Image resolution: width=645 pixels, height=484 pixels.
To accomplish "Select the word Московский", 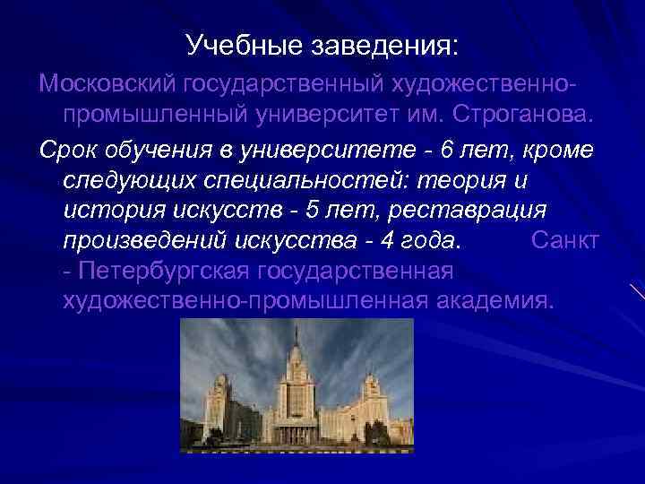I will (x=107, y=83).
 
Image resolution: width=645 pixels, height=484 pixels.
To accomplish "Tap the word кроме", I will (x=555, y=149).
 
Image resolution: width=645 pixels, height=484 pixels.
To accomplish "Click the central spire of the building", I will (x=296, y=345).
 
